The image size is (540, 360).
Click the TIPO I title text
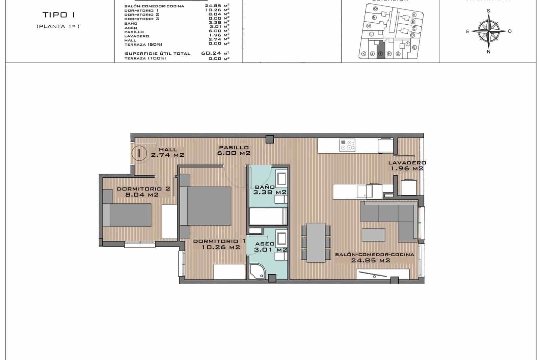coord(59,15)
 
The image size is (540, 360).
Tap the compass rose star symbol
coord(488,31)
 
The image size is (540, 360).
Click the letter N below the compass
coord(488,52)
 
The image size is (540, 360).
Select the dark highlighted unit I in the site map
coord(380,50)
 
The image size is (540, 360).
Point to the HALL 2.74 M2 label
coord(167,152)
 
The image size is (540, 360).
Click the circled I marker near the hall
coord(139,153)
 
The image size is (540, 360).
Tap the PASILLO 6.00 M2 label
coord(234,150)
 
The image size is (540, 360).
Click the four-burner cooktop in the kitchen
coord(348,145)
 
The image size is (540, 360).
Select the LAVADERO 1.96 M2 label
coord(407,165)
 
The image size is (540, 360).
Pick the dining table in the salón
coord(316,242)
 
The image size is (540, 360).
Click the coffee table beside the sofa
coord(373,234)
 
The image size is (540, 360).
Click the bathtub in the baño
coord(268,216)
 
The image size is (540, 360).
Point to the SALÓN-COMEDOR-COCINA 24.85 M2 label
coord(374,257)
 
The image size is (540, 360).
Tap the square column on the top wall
coord(269,139)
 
